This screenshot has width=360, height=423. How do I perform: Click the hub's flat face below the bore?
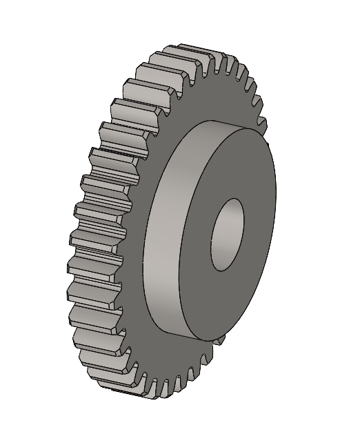(x=221, y=304)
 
